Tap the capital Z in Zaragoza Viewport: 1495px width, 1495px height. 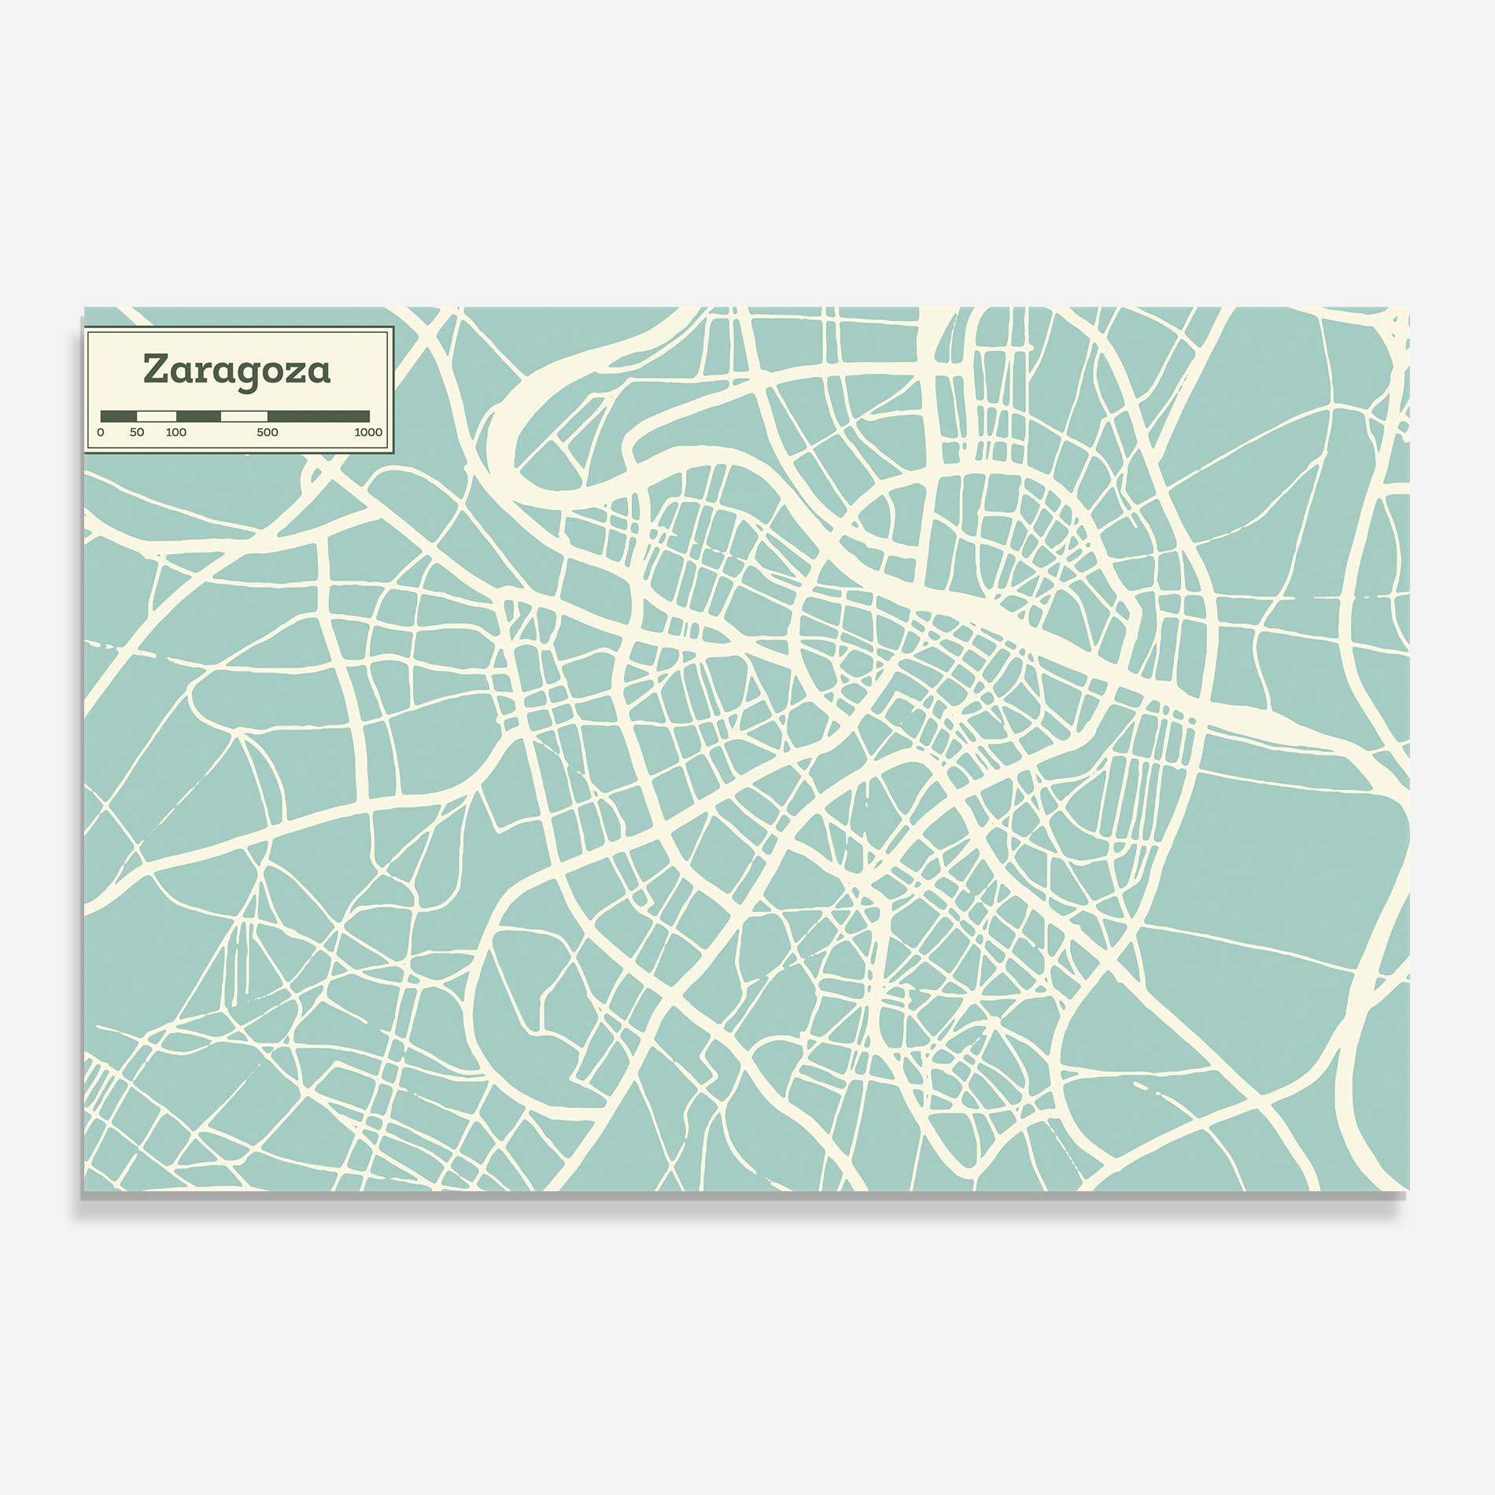[154, 370]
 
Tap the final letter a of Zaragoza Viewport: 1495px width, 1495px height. [319, 371]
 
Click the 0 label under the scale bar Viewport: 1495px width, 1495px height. [101, 432]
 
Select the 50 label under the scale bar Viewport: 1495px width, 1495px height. [137, 432]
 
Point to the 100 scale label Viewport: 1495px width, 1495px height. [176, 432]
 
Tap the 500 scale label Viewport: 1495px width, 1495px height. [268, 432]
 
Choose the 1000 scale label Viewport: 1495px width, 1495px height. [368, 432]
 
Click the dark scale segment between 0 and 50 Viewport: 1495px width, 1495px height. [119, 415]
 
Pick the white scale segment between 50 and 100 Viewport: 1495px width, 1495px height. [157, 415]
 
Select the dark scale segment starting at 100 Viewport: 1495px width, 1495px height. [198, 415]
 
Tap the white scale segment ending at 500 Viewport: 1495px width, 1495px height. [244, 415]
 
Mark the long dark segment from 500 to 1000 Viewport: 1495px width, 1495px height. [319, 415]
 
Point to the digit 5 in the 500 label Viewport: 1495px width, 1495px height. [260, 432]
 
